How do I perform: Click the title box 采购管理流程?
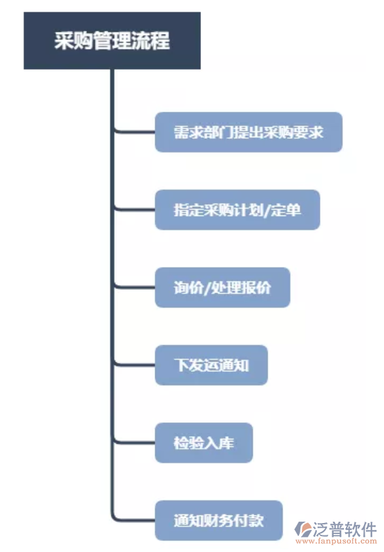[112, 40]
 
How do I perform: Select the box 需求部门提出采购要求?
[248, 132]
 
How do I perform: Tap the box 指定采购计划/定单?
[237, 210]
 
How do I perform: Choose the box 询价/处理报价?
[222, 287]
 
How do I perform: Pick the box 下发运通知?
[211, 364]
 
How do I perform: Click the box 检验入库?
[203, 442]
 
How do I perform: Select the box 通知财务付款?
[218, 520]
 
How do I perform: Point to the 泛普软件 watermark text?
[345, 528]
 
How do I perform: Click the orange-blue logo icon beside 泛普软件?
[305, 530]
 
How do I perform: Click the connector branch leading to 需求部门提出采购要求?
[135, 131]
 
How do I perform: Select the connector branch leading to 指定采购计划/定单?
[135, 209]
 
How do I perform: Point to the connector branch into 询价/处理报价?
[135, 286]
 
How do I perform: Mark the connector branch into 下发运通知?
[135, 364]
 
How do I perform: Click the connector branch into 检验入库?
[135, 442]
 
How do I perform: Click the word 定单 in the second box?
[288, 210]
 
